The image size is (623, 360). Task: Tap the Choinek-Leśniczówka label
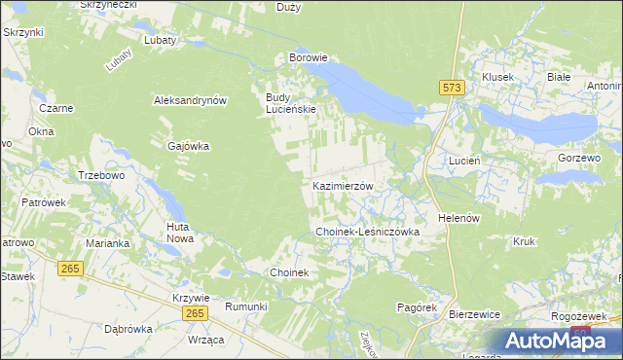click(x=367, y=233)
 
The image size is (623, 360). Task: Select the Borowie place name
click(x=312, y=58)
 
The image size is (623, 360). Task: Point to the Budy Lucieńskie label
click(x=291, y=103)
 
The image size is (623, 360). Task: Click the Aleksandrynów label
click(x=190, y=100)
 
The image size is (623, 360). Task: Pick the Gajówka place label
click(x=189, y=146)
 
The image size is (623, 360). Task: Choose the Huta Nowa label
click(x=179, y=232)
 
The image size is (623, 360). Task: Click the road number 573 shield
click(x=452, y=88)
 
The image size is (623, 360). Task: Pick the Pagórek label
click(x=416, y=306)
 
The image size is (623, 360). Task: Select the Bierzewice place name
click(x=474, y=315)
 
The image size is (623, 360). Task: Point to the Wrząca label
click(x=205, y=339)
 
